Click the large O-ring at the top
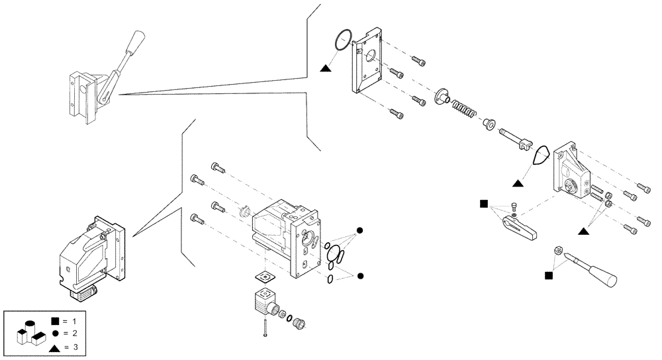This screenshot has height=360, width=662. (342, 40)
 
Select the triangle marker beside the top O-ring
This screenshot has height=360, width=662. (325, 67)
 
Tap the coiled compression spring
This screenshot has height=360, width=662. (462, 108)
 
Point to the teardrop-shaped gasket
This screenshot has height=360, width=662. (541, 156)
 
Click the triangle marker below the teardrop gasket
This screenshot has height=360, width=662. (518, 180)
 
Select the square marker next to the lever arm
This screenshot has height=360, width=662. (484, 203)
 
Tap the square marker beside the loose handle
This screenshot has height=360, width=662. (547, 275)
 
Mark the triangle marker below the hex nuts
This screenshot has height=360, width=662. (583, 231)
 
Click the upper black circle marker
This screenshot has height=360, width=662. (360, 230)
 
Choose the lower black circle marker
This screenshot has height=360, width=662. (360, 275)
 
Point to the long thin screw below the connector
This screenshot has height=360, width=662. (265, 328)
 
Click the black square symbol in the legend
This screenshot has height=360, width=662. (54, 322)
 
